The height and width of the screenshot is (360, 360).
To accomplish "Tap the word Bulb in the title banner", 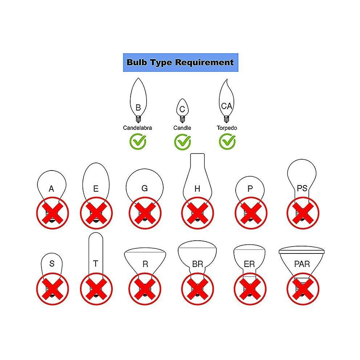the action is coord(137,62).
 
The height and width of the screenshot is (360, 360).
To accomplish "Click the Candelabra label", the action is coord(137,128).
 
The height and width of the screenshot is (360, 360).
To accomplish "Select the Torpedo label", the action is coord(227,128).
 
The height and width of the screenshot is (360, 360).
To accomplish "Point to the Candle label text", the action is coord(182,128).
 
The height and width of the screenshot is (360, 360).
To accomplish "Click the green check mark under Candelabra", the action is coord(138,141).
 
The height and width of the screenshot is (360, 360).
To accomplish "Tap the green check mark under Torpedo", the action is coord(227,141).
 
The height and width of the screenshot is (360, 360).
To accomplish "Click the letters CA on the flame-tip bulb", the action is coord(227,106).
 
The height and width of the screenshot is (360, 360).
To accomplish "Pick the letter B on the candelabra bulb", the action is coord(138,108).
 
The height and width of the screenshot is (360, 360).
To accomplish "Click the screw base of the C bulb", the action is coord(182,119).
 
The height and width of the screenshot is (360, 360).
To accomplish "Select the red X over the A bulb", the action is coord(53,213).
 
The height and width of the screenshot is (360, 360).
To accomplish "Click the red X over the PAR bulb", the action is coord(303,289).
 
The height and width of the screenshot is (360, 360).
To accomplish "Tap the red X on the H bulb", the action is coord(197,213).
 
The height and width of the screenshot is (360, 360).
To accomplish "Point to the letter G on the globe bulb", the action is coord(144,188).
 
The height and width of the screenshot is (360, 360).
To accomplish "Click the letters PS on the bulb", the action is coord(302,188).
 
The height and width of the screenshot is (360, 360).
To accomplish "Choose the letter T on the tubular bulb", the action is coord(96,264).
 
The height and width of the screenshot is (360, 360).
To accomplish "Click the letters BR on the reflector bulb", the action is coord(197,264).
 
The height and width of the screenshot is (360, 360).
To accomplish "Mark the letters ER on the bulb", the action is coord(249,264).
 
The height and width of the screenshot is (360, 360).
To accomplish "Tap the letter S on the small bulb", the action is coord(52,264).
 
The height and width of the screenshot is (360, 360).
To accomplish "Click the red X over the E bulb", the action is coord(96,213).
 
